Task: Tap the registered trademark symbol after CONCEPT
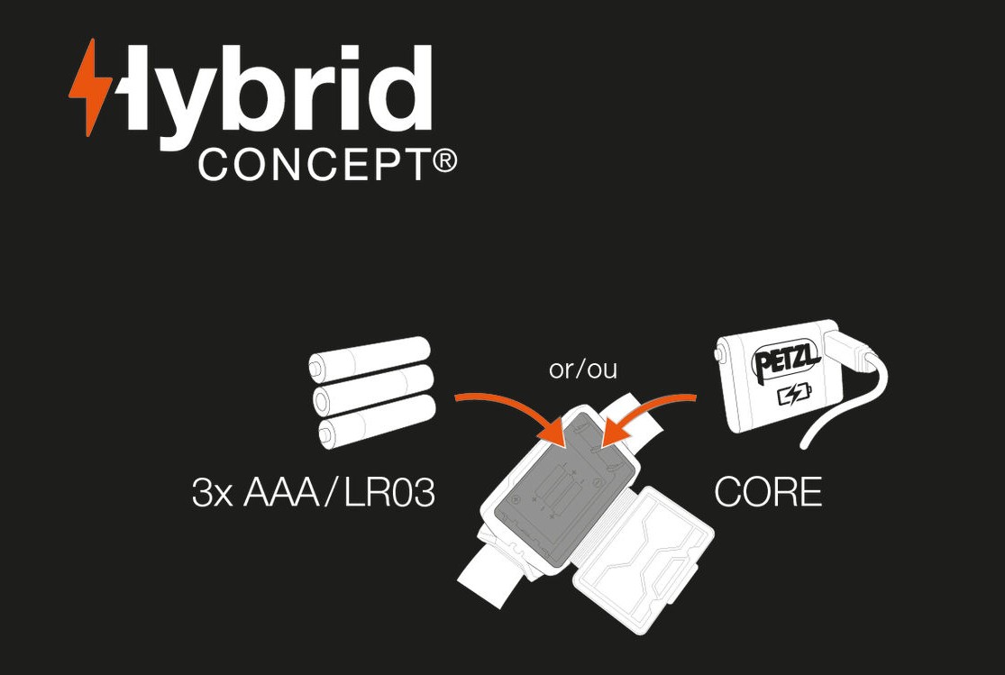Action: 444,161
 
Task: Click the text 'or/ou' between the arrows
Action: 582,369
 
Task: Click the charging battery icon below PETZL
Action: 793,393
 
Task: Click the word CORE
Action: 768,492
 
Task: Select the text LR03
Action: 390,493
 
